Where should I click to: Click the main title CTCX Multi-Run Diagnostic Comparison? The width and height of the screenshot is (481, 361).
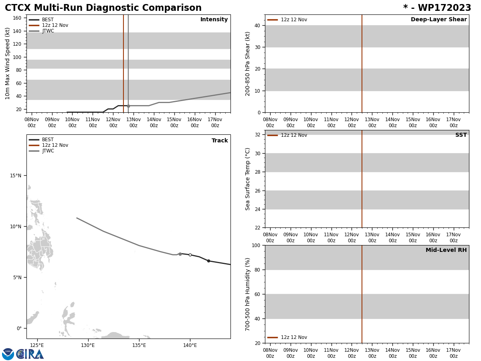(103, 8)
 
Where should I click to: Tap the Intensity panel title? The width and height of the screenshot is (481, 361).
(214, 20)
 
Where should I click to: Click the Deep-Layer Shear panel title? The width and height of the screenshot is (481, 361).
(439, 20)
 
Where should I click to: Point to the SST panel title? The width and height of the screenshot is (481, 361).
(461, 135)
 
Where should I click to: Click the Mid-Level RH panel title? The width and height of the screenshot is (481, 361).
(446, 250)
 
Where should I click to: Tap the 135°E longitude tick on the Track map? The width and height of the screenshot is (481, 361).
(139, 345)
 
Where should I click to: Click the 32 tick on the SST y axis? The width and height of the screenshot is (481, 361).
(257, 135)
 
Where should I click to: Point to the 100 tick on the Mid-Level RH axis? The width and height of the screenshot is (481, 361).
(255, 245)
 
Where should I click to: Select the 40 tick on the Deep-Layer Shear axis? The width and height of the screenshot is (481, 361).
(257, 25)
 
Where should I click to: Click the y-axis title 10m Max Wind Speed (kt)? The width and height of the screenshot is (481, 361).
(8, 63)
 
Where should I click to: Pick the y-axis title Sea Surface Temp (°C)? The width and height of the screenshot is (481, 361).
(248, 179)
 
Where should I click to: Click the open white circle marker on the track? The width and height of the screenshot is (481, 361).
(190, 255)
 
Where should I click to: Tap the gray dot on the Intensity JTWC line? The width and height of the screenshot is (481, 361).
(128, 106)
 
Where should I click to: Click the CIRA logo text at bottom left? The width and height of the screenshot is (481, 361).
(30, 354)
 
